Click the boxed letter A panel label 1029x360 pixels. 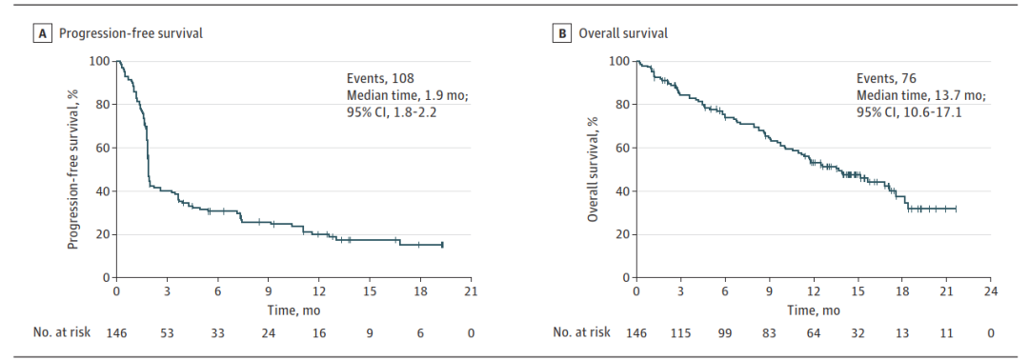pyautogui.click(x=41, y=33)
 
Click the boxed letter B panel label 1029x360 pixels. pyautogui.click(x=561, y=33)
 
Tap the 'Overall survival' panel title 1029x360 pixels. pyautogui.click(x=623, y=34)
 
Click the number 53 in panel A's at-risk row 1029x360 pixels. pyautogui.click(x=167, y=332)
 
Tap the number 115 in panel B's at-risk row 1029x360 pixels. pyautogui.click(x=680, y=332)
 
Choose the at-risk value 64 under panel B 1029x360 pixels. pyautogui.click(x=815, y=332)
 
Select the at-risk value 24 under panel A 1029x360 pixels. pyautogui.click(x=269, y=332)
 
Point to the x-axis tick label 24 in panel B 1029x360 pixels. pyautogui.click(x=991, y=291)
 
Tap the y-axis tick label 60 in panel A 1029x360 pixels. pyautogui.click(x=103, y=149)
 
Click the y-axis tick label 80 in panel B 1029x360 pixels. pyautogui.click(x=623, y=105)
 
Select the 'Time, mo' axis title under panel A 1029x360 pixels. pyautogui.click(x=293, y=310)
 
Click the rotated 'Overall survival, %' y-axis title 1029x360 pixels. pyautogui.click(x=594, y=170)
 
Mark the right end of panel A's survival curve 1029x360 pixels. pyautogui.click(x=442, y=245)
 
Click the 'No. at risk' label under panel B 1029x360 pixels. pyautogui.click(x=582, y=332)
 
